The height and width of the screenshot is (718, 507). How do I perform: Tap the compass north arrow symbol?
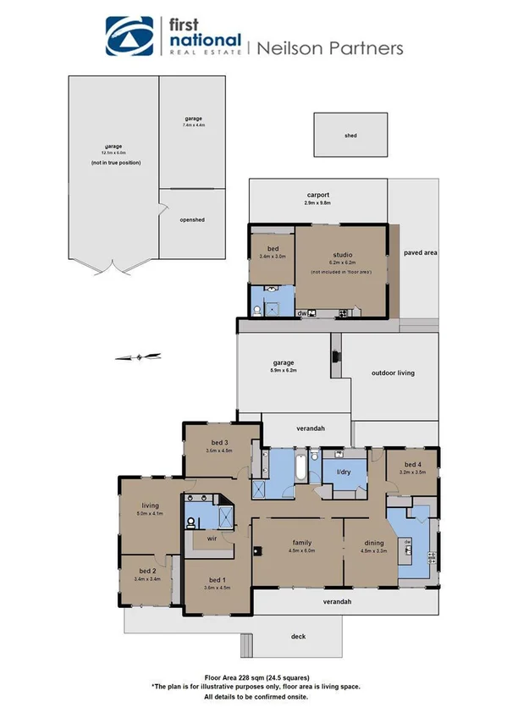[x=138, y=356]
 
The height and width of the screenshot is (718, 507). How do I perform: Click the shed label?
[x=350, y=135]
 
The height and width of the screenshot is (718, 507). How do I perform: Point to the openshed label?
[x=192, y=220]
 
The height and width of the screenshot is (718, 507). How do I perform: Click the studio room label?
[x=343, y=255]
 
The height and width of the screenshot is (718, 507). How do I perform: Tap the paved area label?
[x=420, y=252]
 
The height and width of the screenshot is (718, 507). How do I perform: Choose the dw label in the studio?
[x=301, y=313]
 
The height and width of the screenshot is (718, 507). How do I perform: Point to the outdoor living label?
[x=394, y=373]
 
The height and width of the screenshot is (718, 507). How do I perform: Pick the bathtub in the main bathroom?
[x=300, y=467]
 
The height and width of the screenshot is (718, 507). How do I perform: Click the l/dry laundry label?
[x=344, y=472]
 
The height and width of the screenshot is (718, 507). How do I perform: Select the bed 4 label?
[x=412, y=465]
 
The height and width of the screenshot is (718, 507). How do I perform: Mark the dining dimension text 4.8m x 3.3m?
[x=373, y=550]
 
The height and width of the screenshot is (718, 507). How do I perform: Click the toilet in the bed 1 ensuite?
[x=191, y=522]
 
